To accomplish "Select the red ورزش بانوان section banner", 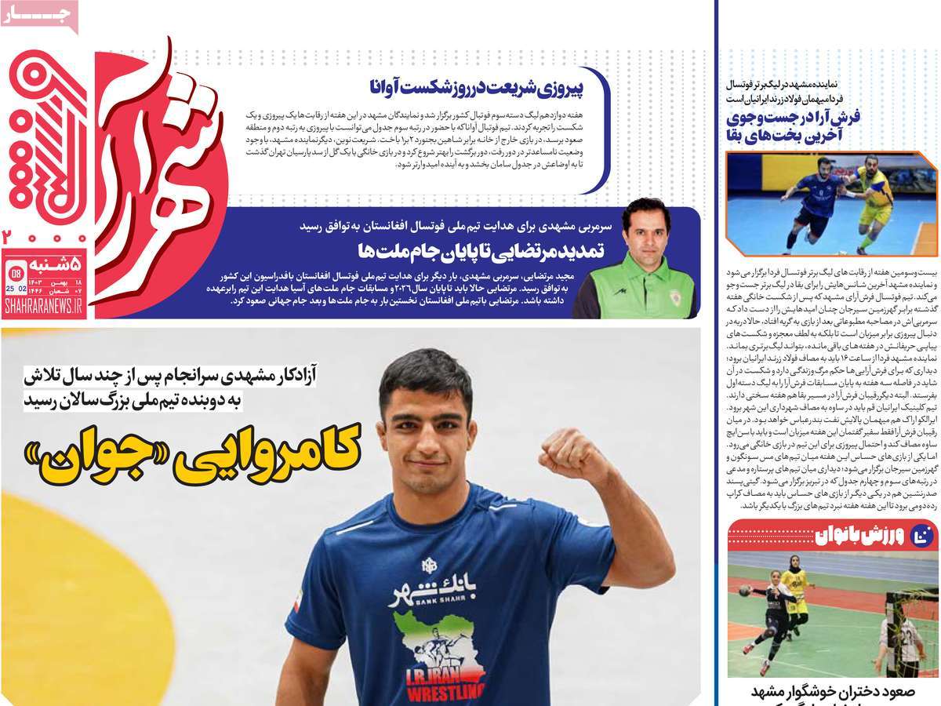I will pyautogui.click(x=832, y=536).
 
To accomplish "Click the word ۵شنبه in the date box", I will pyautogui.click(x=54, y=262).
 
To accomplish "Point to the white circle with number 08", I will pyautogui.click(x=14, y=272).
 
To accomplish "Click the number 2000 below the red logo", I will pyautogui.click(x=44, y=236).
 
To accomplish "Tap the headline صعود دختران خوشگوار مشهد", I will pyautogui.click(x=832, y=693).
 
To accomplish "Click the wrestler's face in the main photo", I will pyautogui.click(x=427, y=401).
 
